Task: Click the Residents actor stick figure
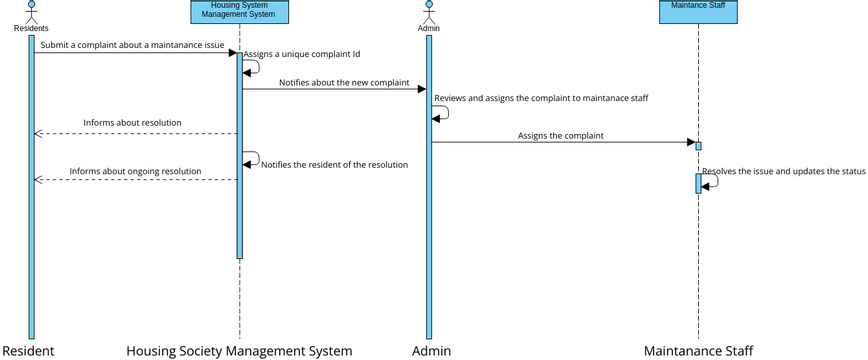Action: [31, 11]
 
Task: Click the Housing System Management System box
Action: [239, 11]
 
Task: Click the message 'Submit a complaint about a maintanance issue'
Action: [132, 45]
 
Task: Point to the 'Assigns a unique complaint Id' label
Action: [301, 54]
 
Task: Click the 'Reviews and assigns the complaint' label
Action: [541, 98]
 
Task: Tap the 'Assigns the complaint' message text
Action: [560, 135]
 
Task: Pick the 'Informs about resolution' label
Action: [132, 123]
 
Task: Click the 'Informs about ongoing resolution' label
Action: [135, 171]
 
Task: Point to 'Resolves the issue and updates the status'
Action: [783, 171]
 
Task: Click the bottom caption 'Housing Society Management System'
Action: [239, 351]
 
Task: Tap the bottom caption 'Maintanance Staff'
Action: [698, 351]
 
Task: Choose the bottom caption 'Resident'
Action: [28, 351]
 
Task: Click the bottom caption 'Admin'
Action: [431, 351]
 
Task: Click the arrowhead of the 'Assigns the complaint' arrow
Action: [690, 142]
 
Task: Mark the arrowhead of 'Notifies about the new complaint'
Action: [421, 89]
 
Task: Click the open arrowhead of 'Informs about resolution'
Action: [38, 133]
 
